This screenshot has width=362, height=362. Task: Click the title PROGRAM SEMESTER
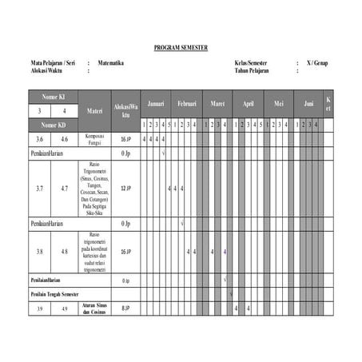click(181, 48)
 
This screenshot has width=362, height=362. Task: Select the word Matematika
click(110, 63)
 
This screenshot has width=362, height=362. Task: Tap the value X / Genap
click(316, 63)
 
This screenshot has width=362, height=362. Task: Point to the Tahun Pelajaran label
click(252, 70)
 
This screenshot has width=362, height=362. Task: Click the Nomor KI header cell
click(53, 97)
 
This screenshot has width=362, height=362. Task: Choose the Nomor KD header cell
click(53, 125)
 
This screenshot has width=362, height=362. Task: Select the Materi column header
click(94, 110)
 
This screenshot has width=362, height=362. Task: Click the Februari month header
click(187, 105)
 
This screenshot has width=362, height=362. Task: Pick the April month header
click(249, 105)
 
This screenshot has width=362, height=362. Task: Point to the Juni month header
click(308, 105)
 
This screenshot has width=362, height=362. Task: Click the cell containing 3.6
click(40, 139)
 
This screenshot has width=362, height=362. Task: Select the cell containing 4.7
click(65, 189)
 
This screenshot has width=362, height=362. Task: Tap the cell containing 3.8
click(40, 252)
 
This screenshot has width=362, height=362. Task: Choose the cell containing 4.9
click(65, 308)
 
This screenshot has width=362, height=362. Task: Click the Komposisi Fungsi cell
click(94, 139)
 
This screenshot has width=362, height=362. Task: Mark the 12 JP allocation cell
click(125, 189)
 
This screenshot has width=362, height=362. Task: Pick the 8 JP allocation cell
click(125, 308)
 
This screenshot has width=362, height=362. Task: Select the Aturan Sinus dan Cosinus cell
click(94, 308)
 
